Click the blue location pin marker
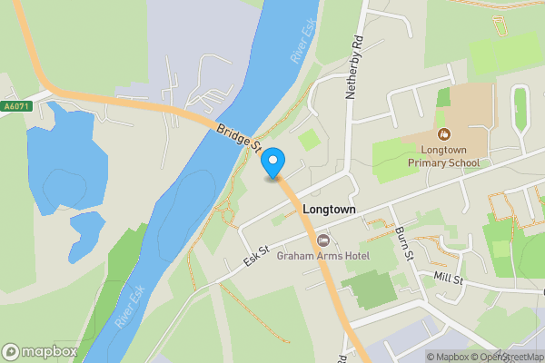[x=273, y=163]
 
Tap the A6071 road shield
[x=17, y=106]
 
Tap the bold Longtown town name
[x=329, y=209]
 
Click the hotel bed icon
[x=324, y=240]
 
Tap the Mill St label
[x=448, y=277]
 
